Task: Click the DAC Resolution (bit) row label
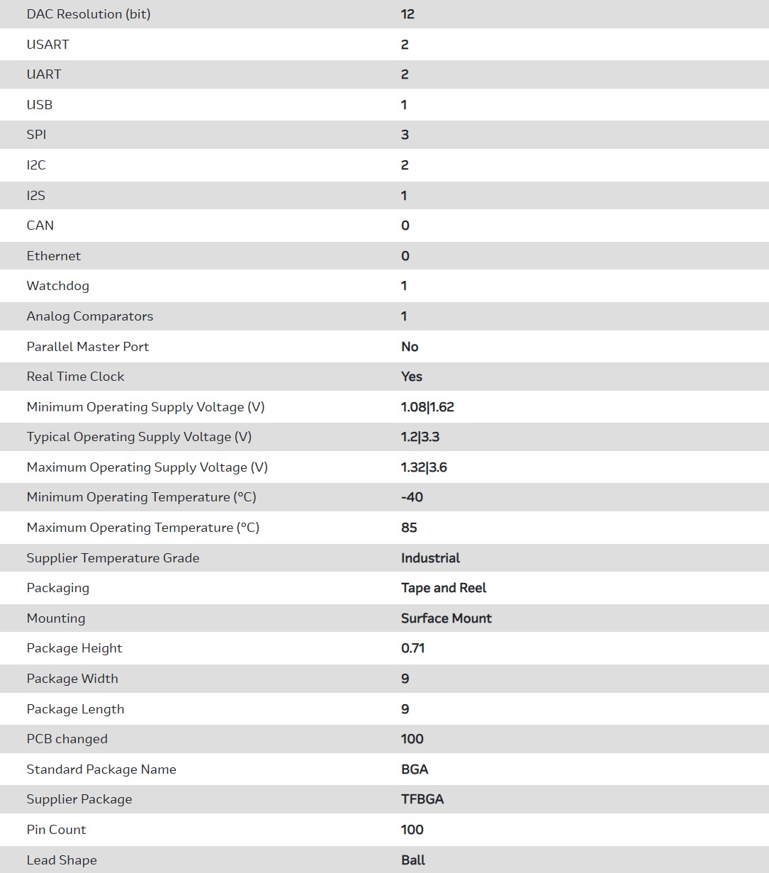click(88, 14)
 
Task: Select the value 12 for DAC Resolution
click(408, 14)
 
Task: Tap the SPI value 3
click(405, 135)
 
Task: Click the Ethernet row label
click(53, 256)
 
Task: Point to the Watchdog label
click(57, 286)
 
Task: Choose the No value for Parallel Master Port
click(410, 347)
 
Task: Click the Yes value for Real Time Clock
click(411, 377)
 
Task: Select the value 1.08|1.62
click(427, 407)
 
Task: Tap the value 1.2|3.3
click(420, 437)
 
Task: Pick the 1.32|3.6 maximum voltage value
click(424, 467)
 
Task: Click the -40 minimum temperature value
click(412, 497)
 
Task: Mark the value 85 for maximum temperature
click(409, 528)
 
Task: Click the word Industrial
click(430, 558)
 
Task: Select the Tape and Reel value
click(444, 588)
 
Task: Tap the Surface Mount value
click(446, 618)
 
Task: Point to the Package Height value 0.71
click(412, 648)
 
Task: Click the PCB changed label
click(67, 739)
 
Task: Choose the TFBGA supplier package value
click(422, 799)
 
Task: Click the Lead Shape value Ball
click(413, 860)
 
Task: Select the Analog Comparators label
click(89, 316)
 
